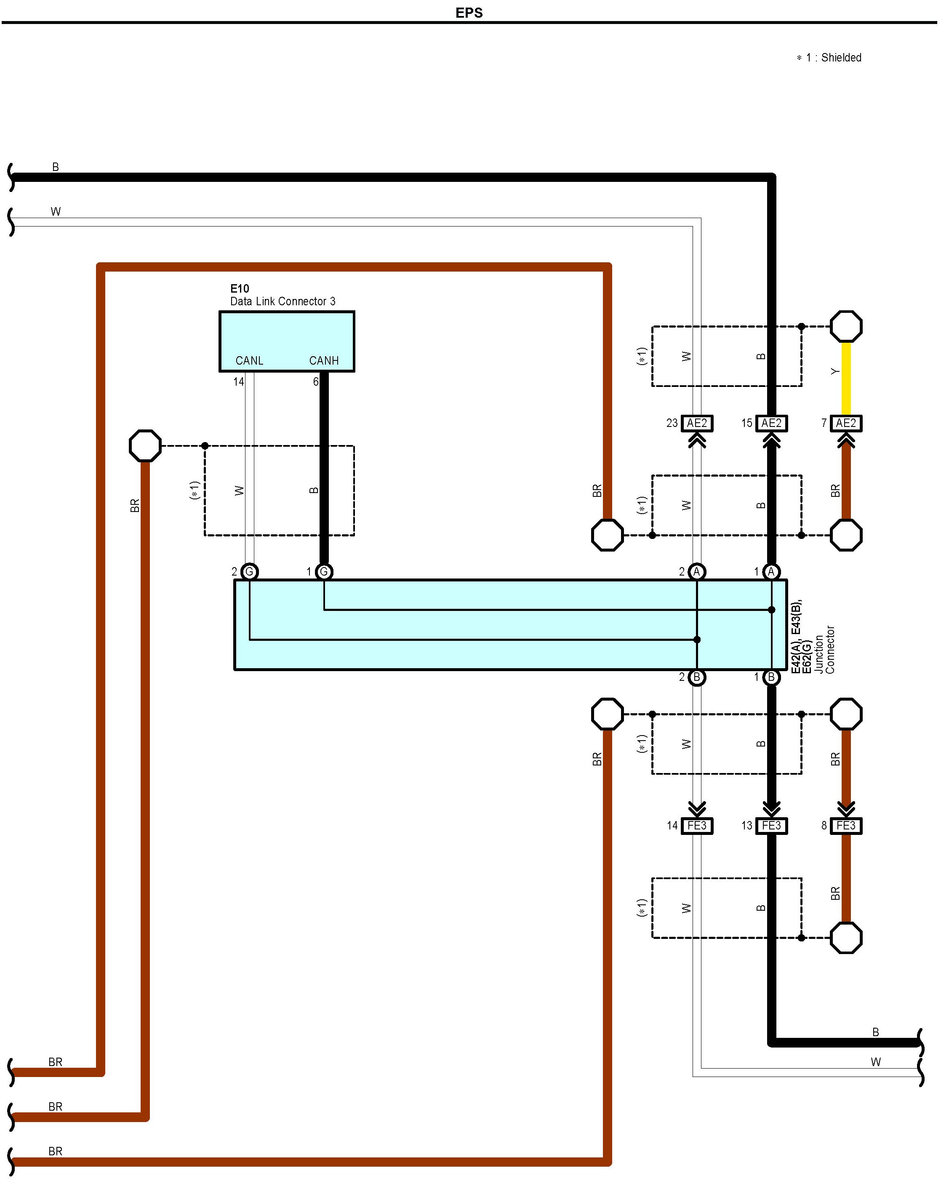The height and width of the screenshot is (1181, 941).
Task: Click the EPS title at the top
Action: (469, 13)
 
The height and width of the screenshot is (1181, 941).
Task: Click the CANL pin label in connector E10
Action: (249, 360)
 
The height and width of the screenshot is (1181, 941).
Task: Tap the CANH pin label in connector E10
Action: (324, 360)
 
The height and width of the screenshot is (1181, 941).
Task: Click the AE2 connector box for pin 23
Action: (697, 423)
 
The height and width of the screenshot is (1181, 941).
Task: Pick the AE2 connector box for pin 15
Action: (771, 423)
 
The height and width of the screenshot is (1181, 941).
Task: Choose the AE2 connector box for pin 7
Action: (846, 423)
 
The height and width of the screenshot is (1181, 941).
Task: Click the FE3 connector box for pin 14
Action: (697, 826)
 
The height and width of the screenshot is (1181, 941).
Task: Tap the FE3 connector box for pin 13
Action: (771, 826)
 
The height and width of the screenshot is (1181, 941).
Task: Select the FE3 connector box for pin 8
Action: (846, 826)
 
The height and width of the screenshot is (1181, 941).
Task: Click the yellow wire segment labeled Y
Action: (846, 379)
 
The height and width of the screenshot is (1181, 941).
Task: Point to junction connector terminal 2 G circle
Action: (249, 572)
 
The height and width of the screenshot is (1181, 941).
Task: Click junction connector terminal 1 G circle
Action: (324, 572)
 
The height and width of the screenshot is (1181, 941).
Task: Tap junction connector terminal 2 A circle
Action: (697, 572)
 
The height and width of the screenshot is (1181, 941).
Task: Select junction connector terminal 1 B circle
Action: (771, 677)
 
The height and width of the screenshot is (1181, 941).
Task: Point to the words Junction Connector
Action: (824, 649)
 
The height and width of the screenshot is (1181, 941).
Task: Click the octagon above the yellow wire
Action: (846, 326)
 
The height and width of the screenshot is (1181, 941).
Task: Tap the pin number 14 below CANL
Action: (238, 382)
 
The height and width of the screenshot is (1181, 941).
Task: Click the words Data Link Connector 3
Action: (283, 301)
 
